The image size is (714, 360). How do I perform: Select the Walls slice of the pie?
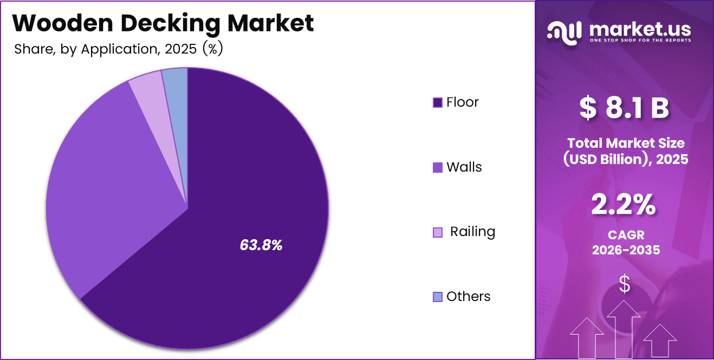[103, 179]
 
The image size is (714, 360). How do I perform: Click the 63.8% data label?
[261, 245]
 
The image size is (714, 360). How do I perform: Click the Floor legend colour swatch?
[438, 102]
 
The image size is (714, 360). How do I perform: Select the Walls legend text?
[464, 167]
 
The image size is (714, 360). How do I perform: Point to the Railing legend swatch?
[438, 232]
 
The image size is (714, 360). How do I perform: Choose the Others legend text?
[469, 297]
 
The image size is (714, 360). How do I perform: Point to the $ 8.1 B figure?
[624, 108]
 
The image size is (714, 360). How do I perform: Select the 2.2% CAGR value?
[624, 205]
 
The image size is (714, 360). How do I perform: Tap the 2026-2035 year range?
[625, 250]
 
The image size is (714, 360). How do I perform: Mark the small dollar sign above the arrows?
[625, 284]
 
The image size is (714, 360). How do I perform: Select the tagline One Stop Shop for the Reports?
[640, 41]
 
